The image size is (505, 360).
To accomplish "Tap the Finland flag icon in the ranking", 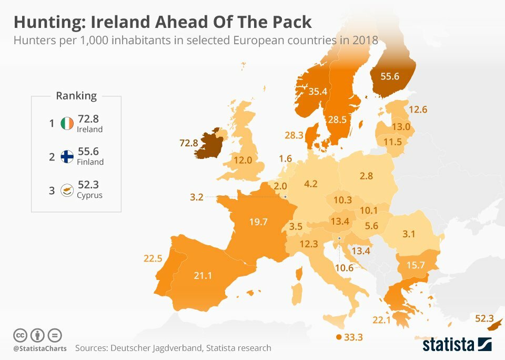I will click(67, 156).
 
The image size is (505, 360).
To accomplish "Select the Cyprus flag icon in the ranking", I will click(67, 190).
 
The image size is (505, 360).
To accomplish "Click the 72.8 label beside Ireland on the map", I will click(188, 143).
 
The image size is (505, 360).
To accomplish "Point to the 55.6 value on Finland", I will click(390, 76).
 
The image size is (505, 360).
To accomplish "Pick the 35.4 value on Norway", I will click(318, 92).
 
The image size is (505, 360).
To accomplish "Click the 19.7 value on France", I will click(259, 221).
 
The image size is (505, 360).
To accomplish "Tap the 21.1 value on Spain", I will click(203, 275).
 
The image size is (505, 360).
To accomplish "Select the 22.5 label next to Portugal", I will click(153, 258).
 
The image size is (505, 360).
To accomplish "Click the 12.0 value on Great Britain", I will click(243, 159).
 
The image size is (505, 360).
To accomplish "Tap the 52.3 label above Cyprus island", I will click(484, 318).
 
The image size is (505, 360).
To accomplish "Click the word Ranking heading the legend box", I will click(76, 96).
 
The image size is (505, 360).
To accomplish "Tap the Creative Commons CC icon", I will click(20, 335).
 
